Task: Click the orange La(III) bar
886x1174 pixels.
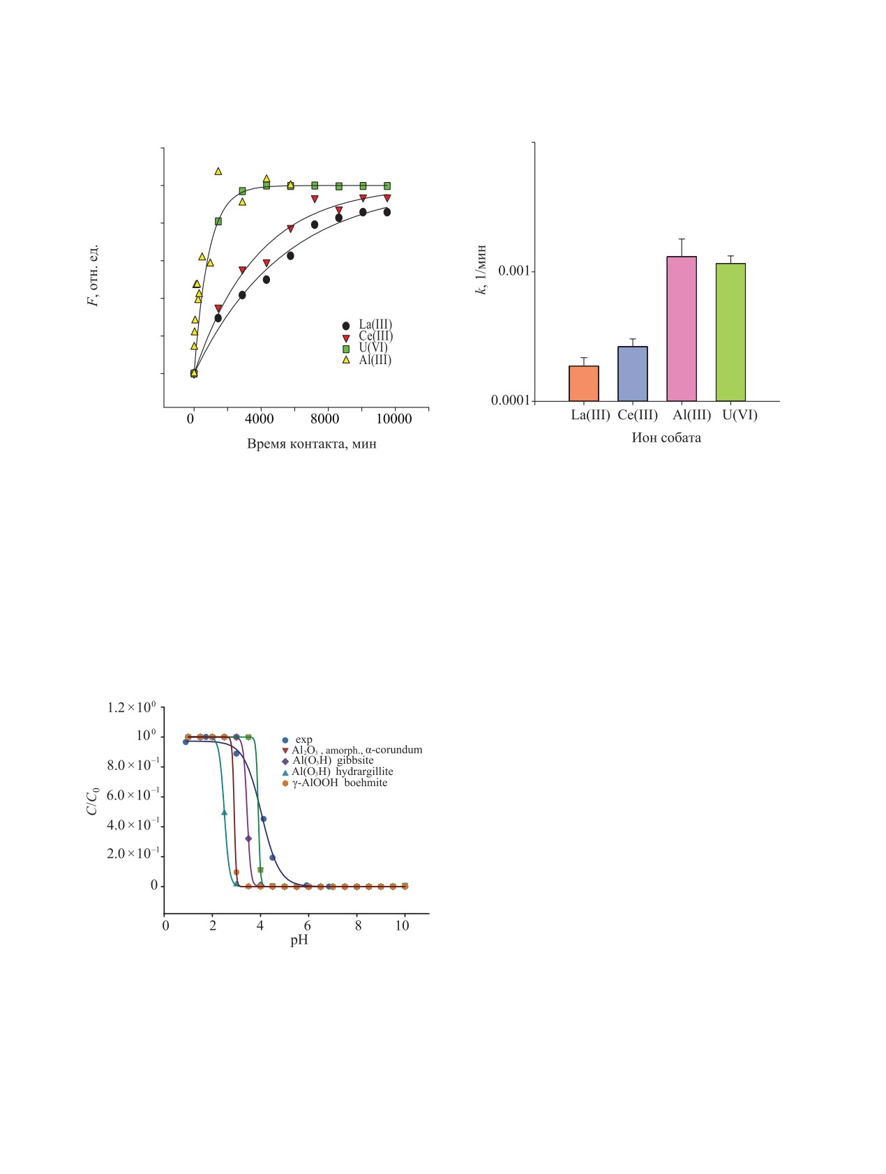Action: click(x=584, y=383)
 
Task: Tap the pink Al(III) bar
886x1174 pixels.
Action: click(x=682, y=329)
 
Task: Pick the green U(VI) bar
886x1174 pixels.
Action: click(x=730, y=332)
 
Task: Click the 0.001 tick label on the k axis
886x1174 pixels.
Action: click(x=512, y=271)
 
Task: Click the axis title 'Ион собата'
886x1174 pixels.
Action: click(x=666, y=438)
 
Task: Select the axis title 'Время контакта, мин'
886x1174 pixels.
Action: click(x=311, y=444)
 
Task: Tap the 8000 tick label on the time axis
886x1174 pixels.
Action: click(x=327, y=419)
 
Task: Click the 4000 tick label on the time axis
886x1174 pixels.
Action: click(x=260, y=419)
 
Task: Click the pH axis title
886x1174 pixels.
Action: click(x=299, y=940)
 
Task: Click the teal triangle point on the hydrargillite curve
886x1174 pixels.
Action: click(x=224, y=812)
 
